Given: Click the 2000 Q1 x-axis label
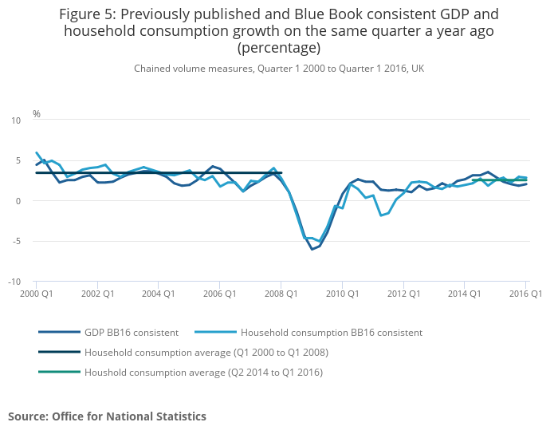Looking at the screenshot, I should pyautogui.click(x=36, y=294).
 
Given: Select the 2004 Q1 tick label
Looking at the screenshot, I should pyautogui.click(x=158, y=294).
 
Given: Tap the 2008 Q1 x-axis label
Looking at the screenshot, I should pyautogui.click(x=281, y=294).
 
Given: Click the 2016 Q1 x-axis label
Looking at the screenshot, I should pyautogui.click(x=525, y=294).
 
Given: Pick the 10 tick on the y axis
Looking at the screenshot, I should pyautogui.click(x=16, y=120).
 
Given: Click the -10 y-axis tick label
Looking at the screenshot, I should pyautogui.click(x=14, y=282).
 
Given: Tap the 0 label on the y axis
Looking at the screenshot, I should pyautogui.click(x=18, y=201).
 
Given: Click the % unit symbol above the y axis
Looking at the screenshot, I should pyautogui.click(x=36, y=114).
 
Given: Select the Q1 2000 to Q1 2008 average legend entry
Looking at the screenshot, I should pyautogui.click(x=206, y=353).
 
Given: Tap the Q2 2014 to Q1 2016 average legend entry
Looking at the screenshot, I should pyautogui.click(x=203, y=373).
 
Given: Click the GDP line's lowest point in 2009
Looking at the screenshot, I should pyautogui.click(x=312, y=250).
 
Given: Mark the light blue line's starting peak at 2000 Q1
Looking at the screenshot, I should pyautogui.click(x=37, y=152).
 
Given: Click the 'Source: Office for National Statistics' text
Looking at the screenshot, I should pyautogui.click(x=107, y=416).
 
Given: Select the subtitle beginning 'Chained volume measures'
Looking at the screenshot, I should pyautogui.click(x=278, y=69).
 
